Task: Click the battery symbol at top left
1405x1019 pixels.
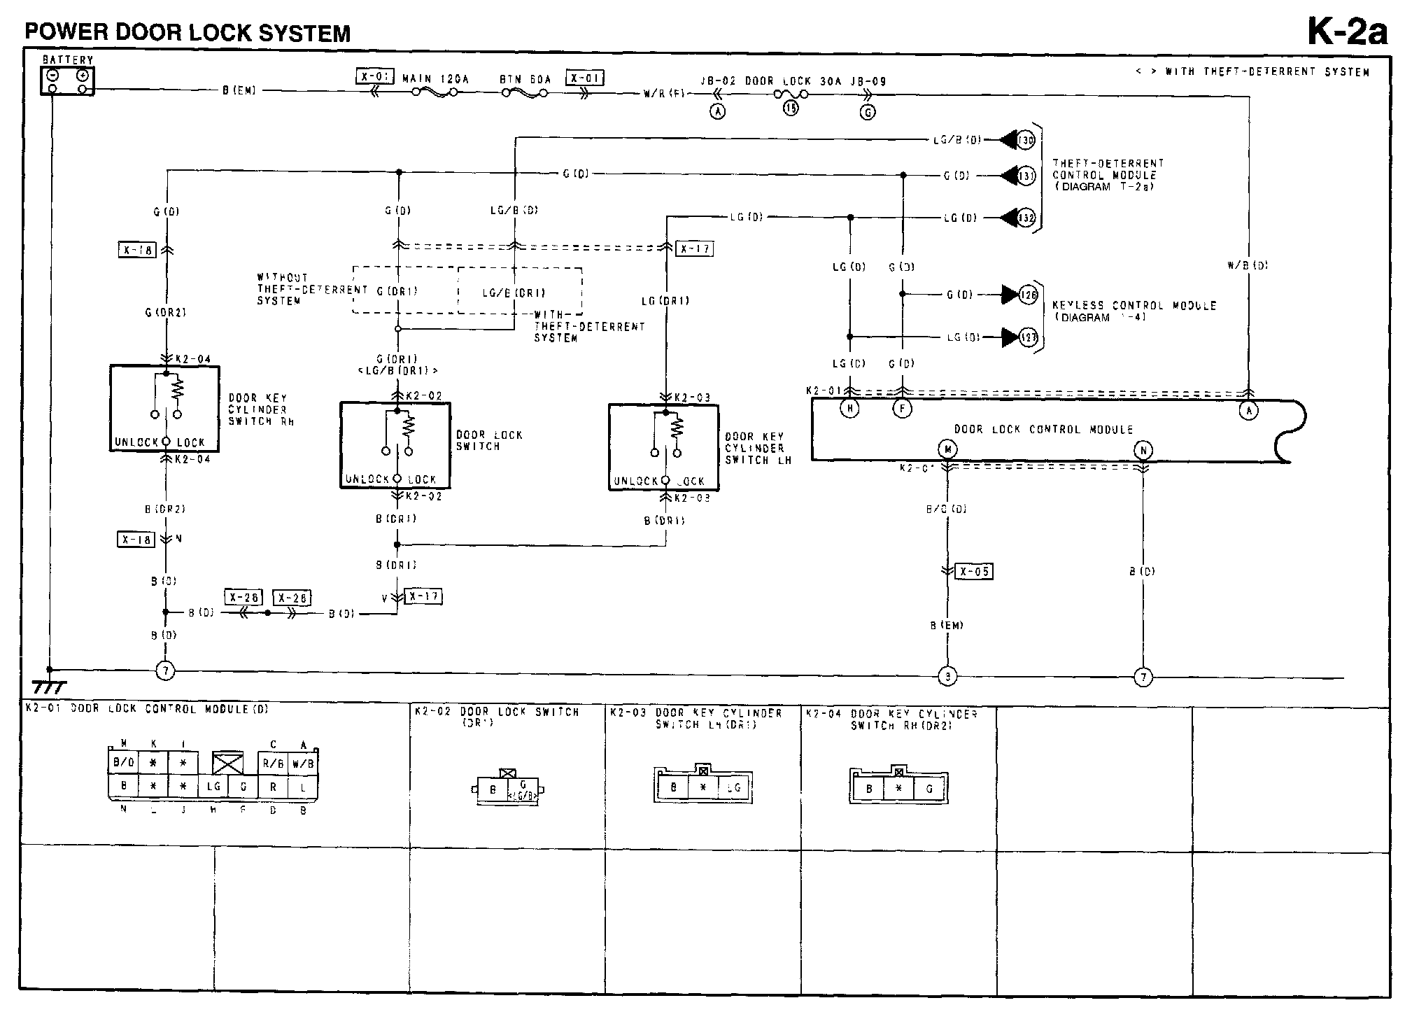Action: click(x=67, y=81)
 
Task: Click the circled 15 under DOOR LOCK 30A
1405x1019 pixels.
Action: click(x=791, y=108)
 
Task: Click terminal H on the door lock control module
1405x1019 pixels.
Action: click(x=849, y=409)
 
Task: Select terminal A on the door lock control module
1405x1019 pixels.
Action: click(x=1249, y=411)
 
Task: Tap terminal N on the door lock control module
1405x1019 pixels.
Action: click(x=1143, y=451)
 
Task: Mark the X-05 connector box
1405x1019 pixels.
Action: click(x=974, y=571)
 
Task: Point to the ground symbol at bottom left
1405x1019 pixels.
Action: click(x=49, y=686)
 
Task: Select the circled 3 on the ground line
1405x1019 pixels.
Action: click(x=947, y=677)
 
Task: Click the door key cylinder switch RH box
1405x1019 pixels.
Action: click(x=165, y=409)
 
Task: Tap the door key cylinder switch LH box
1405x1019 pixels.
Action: click(x=663, y=447)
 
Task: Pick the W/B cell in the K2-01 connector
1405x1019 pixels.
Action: click(x=303, y=764)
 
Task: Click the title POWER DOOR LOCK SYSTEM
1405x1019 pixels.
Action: click(x=188, y=33)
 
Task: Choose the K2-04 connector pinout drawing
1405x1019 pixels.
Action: click(x=898, y=787)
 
